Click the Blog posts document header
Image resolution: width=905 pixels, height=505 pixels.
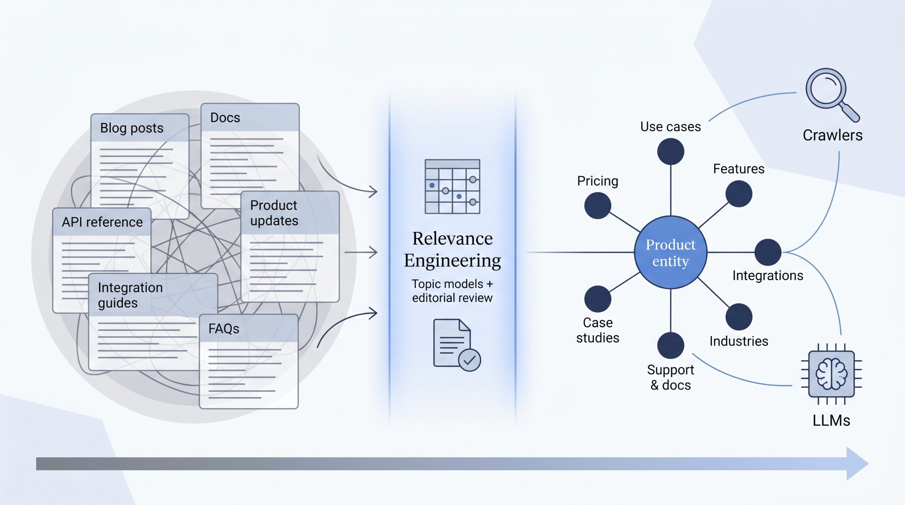[132, 128]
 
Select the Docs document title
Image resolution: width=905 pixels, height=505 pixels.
[225, 117]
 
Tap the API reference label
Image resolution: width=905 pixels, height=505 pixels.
[102, 222]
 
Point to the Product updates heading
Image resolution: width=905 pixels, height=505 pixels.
[274, 213]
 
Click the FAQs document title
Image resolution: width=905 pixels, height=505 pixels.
[224, 329]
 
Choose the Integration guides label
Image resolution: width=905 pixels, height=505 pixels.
[130, 295]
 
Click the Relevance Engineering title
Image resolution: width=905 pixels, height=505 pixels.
[452, 249]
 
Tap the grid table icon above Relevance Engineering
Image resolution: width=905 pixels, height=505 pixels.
[452, 186]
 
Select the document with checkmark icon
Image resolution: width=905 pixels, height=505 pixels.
[457, 345]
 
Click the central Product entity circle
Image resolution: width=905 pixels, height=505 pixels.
[671, 252]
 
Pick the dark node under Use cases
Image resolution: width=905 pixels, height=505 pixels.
[671, 152]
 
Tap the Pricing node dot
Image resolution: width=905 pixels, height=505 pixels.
[598, 206]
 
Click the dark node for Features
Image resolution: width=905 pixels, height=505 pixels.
[739, 194]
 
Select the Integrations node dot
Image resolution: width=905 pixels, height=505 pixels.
[768, 252]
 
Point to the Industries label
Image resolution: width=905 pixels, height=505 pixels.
[739, 341]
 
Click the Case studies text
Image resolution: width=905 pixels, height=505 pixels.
[598, 330]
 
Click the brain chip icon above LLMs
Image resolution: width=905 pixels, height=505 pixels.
[831, 374]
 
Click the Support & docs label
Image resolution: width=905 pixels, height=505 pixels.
[671, 377]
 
